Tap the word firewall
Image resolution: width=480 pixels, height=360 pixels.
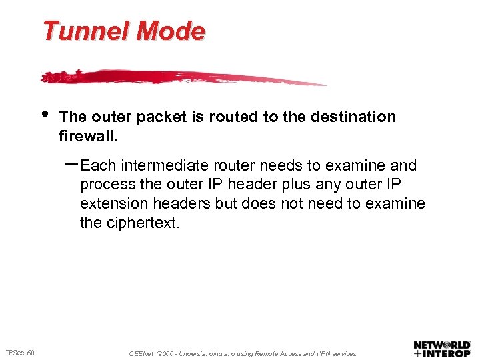tap(88, 137)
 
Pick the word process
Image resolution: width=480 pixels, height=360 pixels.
tap(106, 185)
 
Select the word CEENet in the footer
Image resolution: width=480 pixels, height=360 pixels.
tap(141, 354)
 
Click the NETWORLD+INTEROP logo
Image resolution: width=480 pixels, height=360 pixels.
tap(442, 350)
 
